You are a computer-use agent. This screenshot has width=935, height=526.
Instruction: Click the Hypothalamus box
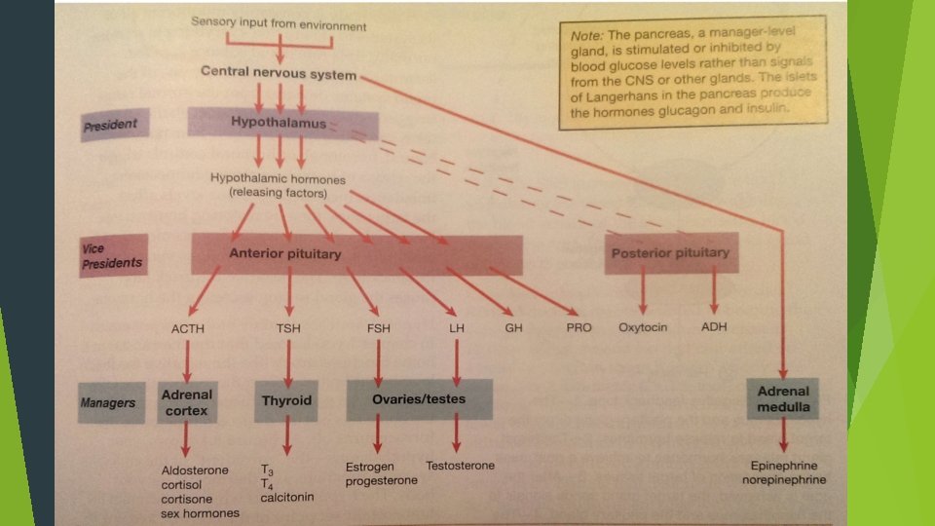pos(279,124)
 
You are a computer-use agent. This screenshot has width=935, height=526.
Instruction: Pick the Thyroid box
pos(286,400)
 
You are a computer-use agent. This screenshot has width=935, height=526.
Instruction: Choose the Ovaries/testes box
pos(419,399)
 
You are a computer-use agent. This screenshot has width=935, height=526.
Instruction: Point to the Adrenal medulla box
pos(782,398)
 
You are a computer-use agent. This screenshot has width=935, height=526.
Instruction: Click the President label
pos(112,125)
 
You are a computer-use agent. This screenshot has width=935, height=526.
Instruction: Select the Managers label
pos(108,401)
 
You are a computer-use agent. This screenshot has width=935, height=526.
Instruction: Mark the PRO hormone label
pos(579,328)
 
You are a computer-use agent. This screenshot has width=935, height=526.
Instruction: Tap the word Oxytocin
pos(643,327)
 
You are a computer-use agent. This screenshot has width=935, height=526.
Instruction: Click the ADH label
pos(714,327)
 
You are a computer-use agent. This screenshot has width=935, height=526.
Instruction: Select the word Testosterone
pos(460,466)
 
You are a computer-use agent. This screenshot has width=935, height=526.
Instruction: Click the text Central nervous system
pos(279,73)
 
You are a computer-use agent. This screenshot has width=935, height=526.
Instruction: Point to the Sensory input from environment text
pos(280,21)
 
